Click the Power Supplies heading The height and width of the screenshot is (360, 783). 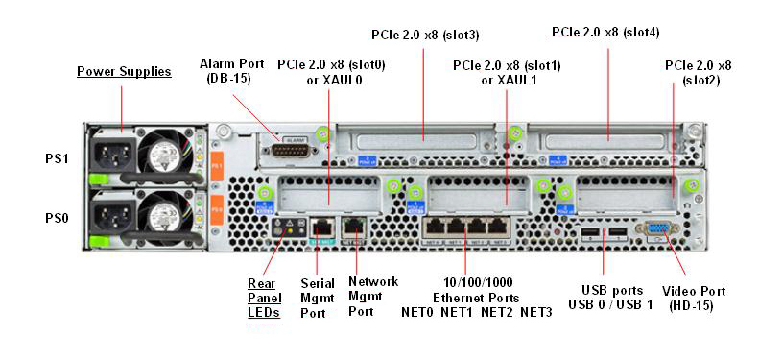pos(124,71)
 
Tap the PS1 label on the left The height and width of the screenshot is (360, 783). pos(57,158)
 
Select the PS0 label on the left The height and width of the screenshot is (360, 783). pos(57,218)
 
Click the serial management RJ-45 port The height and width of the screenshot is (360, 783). pos(320,228)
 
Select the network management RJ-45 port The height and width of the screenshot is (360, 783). pos(355,228)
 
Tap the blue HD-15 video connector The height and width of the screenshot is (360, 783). pos(658,230)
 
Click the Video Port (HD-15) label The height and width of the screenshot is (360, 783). pos(694,298)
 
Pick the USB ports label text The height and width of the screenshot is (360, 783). pos(610,290)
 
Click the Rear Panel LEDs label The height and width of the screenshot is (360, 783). pos(262,298)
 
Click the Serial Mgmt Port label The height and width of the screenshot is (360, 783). pos(318,298)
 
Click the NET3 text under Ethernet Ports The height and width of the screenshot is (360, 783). pos(535,313)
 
